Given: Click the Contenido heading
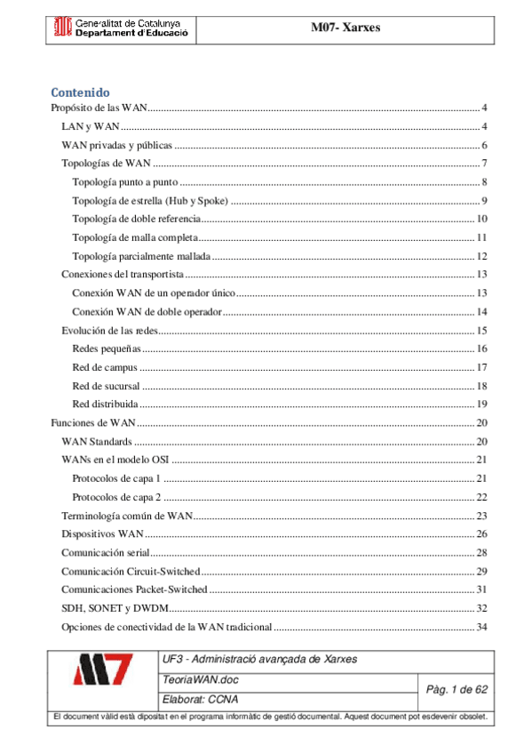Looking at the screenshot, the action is [x=80, y=92].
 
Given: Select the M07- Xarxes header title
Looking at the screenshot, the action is [x=345, y=28].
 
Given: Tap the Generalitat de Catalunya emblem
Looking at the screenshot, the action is [x=61, y=28].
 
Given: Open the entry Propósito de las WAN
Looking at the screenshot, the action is [x=99, y=108].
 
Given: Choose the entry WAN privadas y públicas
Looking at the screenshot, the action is [x=116, y=145].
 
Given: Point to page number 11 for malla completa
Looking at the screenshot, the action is [x=482, y=237].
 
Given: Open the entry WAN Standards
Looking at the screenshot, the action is [x=97, y=442].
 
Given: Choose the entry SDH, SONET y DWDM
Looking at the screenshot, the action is [x=114, y=608].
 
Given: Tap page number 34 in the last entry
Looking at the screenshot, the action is [x=482, y=627].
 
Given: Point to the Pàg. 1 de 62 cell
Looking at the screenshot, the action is [x=457, y=689].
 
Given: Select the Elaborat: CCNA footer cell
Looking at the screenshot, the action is [x=200, y=699].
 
